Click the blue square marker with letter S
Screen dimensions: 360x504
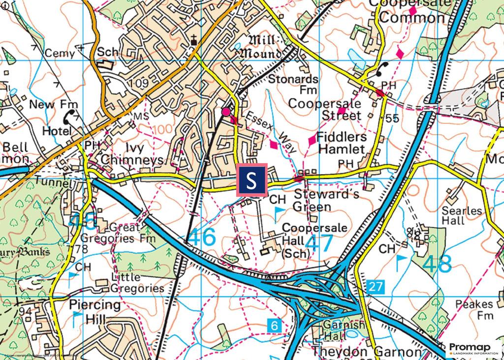point(252,180)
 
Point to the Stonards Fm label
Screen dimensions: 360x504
point(294,85)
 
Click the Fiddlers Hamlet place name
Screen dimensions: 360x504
point(341,142)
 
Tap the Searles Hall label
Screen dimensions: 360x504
point(462,216)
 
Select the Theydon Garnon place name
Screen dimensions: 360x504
point(366,353)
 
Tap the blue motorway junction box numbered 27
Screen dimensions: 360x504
point(375,285)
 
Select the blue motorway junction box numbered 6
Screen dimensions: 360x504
point(274,325)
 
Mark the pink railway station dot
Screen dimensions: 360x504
point(225,112)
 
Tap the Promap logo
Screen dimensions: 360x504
point(473,348)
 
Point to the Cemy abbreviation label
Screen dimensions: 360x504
point(60,53)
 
